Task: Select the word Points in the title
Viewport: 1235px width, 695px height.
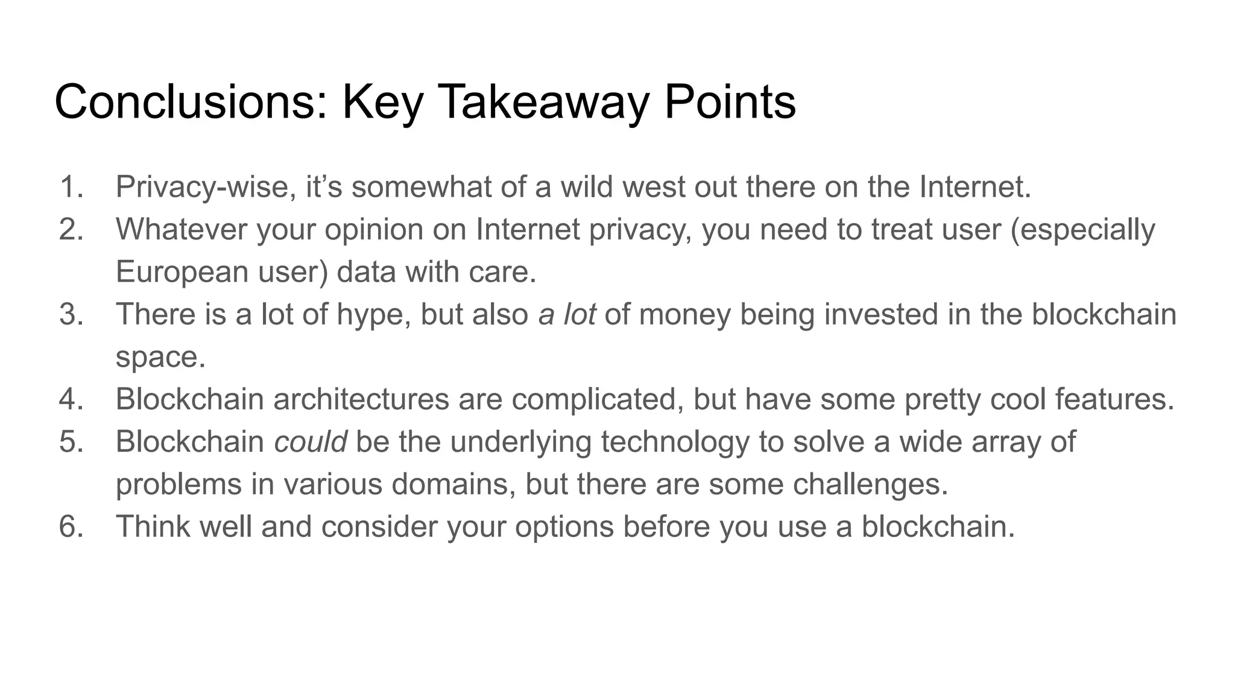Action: (x=730, y=102)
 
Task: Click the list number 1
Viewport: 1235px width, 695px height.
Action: (x=71, y=186)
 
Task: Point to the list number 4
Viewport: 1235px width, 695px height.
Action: (x=71, y=399)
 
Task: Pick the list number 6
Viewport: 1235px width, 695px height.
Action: (x=71, y=526)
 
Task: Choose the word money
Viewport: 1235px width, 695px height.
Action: (x=684, y=314)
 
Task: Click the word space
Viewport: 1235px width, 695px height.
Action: (x=160, y=357)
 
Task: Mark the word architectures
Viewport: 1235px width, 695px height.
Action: (x=361, y=399)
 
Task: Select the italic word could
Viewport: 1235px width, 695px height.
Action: (x=310, y=442)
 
